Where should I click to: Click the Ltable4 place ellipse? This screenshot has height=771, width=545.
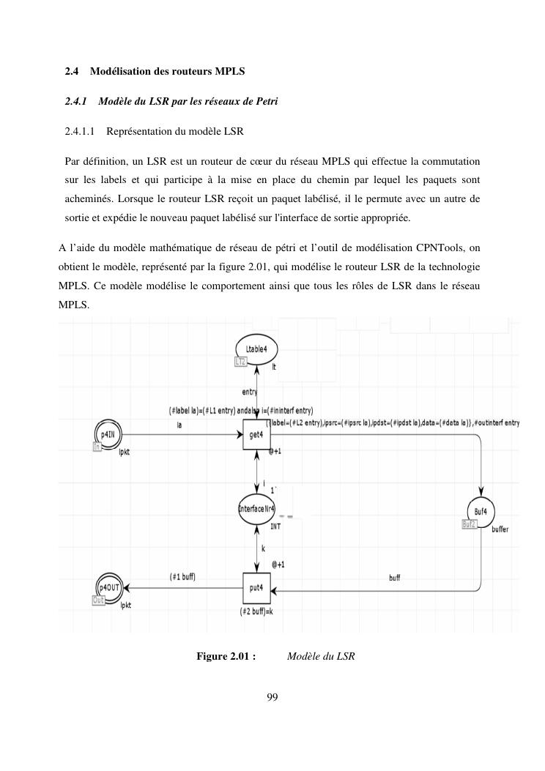tap(256, 349)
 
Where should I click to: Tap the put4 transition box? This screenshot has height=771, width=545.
tap(257, 589)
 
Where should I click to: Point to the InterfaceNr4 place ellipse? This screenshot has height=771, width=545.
tap(257, 509)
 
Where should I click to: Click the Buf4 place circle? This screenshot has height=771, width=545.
tap(481, 511)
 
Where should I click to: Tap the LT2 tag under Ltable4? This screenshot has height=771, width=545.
tap(240, 362)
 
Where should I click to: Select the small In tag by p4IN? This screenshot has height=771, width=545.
tap(97, 446)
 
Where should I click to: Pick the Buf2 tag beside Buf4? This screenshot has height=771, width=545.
tap(469, 524)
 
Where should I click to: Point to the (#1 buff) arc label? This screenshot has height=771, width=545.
tap(182, 576)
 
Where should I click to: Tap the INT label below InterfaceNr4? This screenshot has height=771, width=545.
tap(275, 526)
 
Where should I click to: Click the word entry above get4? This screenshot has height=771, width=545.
tap(250, 392)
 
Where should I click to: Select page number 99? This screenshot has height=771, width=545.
tap(272, 696)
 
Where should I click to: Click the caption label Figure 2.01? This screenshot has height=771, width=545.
tap(225, 657)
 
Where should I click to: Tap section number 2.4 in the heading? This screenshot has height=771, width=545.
tap(72, 71)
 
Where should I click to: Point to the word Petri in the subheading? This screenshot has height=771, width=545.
tap(265, 101)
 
